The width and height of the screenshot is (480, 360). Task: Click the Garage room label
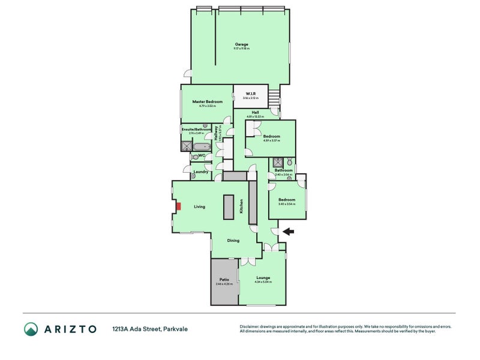click(241, 44)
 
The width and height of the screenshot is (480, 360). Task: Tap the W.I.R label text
click(251, 94)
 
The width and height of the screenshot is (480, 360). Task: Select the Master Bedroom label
click(207, 102)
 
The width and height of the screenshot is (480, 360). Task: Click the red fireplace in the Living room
click(178, 206)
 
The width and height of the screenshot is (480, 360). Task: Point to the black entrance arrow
click(288, 231)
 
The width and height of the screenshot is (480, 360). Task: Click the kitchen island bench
click(229, 208)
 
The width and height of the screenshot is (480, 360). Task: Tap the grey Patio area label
click(224, 280)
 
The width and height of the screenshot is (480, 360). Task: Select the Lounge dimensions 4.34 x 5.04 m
click(263, 283)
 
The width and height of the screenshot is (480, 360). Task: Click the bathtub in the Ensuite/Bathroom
click(199, 146)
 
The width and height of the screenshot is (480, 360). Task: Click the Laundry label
click(200, 172)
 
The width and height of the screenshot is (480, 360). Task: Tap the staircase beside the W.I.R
click(274, 95)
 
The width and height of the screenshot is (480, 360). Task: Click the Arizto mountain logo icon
click(31, 329)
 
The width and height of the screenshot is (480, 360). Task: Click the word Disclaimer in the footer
click(250, 326)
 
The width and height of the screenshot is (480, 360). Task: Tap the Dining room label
click(233, 241)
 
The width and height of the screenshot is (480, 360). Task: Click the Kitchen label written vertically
click(241, 206)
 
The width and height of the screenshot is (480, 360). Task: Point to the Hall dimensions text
click(255, 116)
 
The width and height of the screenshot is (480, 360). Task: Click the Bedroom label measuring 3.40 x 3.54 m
click(286, 200)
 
